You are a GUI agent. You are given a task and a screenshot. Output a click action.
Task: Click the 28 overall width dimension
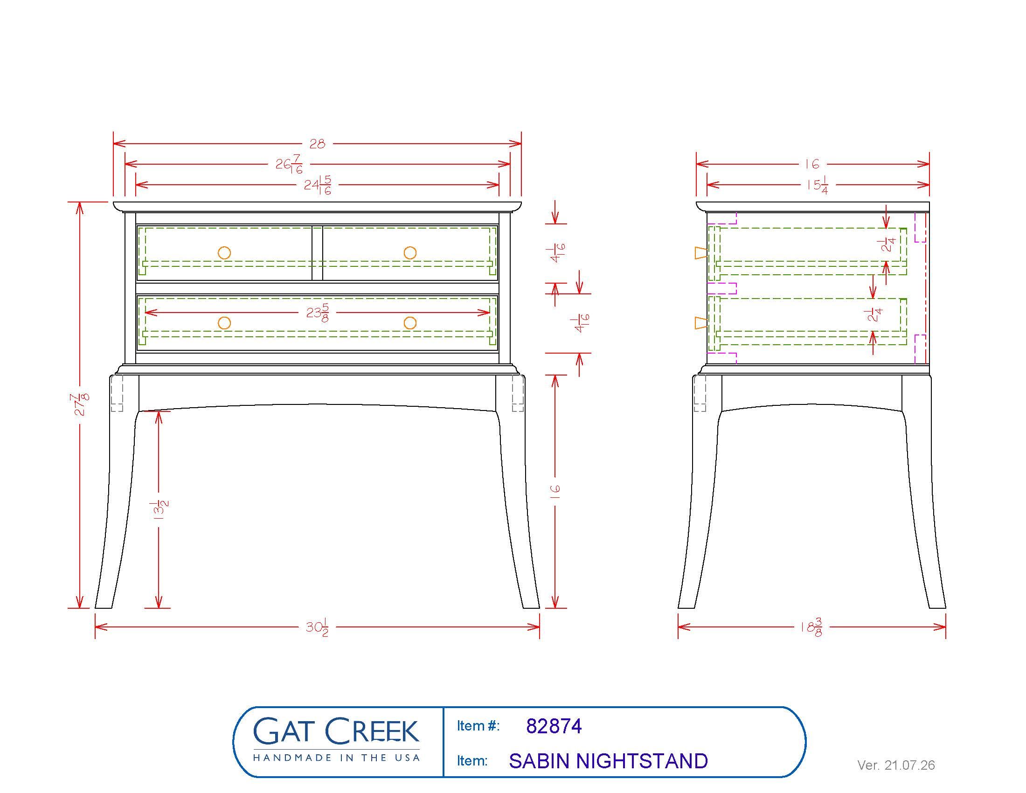click(x=317, y=144)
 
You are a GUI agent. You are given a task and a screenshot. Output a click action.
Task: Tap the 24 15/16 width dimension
click(x=318, y=185)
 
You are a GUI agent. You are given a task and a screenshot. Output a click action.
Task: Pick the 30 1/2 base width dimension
click(x=317, y=627)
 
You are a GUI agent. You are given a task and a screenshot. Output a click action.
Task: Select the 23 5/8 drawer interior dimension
click(x=318, y=313)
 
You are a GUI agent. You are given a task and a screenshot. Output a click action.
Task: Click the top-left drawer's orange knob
click(x=225, y=253)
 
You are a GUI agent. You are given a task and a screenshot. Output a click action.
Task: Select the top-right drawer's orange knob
click(x=410, y=253)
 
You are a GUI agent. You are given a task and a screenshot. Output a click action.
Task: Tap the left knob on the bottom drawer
click(x=225, y=323)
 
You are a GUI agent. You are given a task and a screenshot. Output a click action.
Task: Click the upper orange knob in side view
click(x=700, y=253)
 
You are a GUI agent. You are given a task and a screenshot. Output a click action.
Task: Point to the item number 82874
click(x=554, y=726)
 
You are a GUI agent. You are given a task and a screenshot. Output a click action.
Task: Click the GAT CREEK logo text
click(x=336, y=731)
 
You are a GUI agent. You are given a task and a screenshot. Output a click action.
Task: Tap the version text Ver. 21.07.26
click(x=896, y=765)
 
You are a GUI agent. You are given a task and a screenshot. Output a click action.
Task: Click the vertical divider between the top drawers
click(x=317, y=253)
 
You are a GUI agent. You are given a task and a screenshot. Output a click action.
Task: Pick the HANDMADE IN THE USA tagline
click(x=336, y=757)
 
